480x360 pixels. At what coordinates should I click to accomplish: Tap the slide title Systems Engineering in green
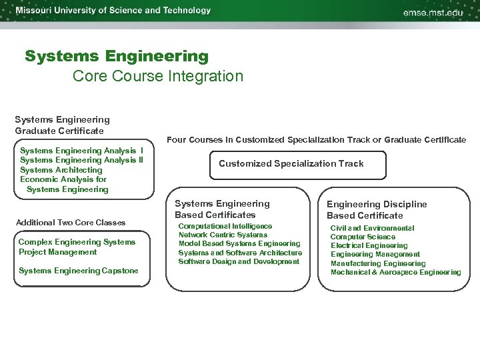click(117, 56)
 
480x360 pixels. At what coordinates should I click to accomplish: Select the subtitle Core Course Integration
click(158, 76)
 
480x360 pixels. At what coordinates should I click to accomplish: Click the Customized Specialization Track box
click(291, 163)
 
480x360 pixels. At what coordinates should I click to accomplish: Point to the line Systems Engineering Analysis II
click(81, 160)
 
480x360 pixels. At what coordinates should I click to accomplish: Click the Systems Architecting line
click(61, 170)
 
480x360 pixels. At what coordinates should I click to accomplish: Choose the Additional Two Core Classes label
click(70, 222)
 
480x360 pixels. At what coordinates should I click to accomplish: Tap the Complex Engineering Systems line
click(77, 242)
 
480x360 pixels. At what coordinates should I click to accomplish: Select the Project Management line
click(57, 252)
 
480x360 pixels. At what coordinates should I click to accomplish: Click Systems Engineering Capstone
click(79, 271)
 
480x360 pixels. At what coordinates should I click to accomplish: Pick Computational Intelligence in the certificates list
click(225, 227)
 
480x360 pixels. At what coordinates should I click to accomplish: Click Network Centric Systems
click(223, 235)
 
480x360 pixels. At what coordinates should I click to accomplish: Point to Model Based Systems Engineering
click(239, 244)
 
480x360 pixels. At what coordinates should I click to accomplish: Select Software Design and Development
click(239, 261)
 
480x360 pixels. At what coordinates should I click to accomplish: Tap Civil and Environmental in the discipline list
click(372, 228)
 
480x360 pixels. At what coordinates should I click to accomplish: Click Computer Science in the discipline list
click(363, 237)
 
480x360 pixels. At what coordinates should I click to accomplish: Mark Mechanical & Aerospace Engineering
click(395, 272)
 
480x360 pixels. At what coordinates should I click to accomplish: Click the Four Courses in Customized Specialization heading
click(316, 140)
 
